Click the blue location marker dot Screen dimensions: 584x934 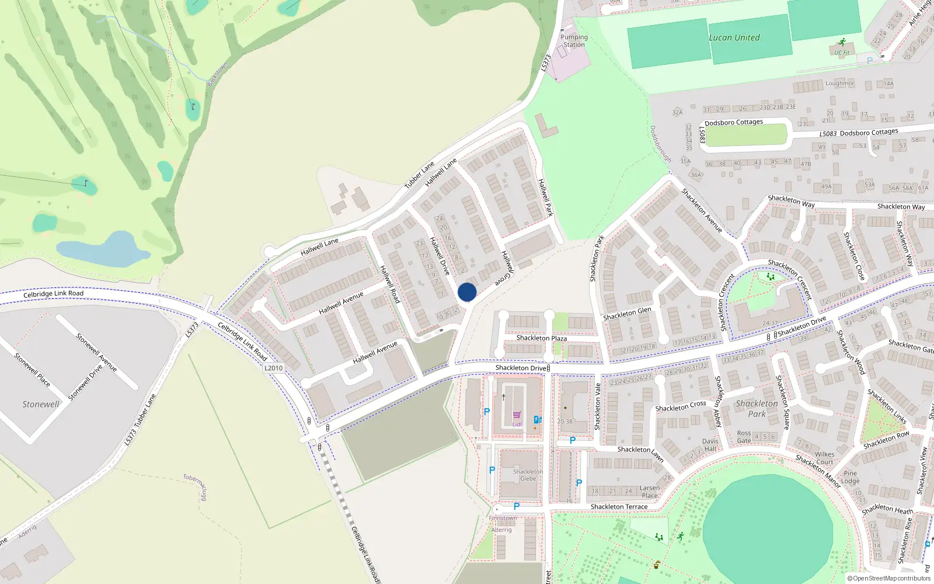(467, 292)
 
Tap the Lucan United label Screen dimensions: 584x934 (734, 38)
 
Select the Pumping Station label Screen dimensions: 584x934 (574, 41)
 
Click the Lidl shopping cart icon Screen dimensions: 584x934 (517, 415)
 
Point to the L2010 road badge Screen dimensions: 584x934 (273, 368)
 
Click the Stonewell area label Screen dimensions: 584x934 (41, 404)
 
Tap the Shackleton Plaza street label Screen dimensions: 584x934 (541, 338)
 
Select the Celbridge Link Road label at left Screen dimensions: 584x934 (53, 294)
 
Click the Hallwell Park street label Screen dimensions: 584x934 (545, 197)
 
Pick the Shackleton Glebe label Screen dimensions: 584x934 (528, 475)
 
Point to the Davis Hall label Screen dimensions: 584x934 (710, 445)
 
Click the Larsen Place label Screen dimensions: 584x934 (649, 492)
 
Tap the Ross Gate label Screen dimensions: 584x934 (744, 437)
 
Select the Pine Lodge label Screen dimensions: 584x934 (850, 477)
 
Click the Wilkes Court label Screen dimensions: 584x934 (824, 458)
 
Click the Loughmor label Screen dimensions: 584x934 (839, 84)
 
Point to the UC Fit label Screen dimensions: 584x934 (842, 53)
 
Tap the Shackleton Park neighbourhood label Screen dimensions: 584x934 (757, 408)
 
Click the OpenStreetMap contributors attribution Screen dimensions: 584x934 (889, 579)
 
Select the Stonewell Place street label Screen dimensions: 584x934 (32, 370)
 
